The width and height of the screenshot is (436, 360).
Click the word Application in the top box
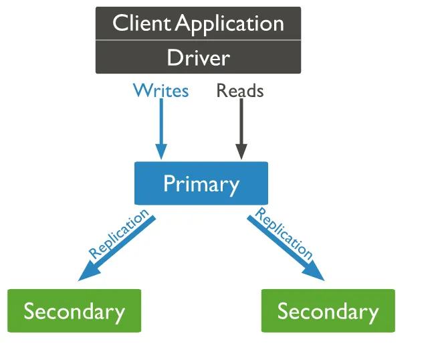pyautogui.click(x=229, y=24)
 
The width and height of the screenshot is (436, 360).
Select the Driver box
pyautogui.click(x=198, y=58)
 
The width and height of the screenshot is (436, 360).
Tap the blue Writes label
pyautogui.click(x=160, y=90)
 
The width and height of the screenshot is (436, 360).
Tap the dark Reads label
pyautogui.click(x=240, y=90)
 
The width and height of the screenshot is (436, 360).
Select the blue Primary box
pyautogui.click(x=201, y=183)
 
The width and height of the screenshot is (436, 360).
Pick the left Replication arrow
pyautogui.click(x=117, y=248)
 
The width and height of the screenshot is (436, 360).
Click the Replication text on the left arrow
pyautogui.click(x=118, y=234)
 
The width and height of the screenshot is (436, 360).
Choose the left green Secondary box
pyautogui.click(x=74, y=311)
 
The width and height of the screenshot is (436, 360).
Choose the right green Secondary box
pyautogui.click(x=328, y=311)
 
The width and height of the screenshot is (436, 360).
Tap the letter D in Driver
pyautogui.click(x=173, y=58)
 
